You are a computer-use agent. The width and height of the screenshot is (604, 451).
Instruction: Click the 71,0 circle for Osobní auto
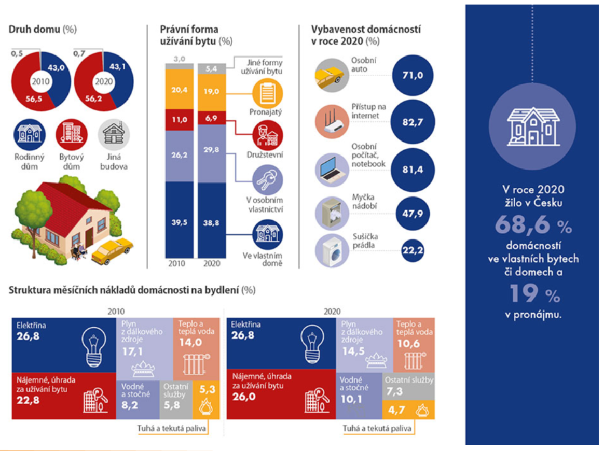[x=413, y=75]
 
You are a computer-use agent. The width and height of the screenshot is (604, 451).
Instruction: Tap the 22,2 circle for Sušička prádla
[x=413, y=250]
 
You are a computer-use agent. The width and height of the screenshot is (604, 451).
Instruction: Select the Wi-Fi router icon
[x=332, y=122]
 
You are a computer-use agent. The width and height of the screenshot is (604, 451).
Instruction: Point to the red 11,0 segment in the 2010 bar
[x=179, y=120]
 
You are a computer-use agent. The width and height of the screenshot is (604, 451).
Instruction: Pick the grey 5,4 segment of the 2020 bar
[x=212, y=68]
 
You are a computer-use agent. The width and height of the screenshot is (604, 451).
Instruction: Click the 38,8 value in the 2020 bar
[x=211, y=223]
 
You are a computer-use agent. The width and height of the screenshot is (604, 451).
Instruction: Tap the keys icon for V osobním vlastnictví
[x=267, y=180]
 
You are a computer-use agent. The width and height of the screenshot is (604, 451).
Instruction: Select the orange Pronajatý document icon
[x=267, y=93]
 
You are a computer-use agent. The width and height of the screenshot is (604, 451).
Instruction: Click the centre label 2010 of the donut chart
[x=40, y=81]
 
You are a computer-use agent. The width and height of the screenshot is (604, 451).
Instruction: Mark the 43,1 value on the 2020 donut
[x=117, y=66]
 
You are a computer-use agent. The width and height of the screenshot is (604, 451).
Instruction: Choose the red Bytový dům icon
[x=71, y=134]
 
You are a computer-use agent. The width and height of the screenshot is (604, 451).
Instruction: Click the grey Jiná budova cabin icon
[x=114, y=134]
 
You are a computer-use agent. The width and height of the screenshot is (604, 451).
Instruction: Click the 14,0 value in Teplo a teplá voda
[x=190, y=342]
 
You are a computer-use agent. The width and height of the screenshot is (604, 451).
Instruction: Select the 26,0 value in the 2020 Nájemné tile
[x=244, y=397]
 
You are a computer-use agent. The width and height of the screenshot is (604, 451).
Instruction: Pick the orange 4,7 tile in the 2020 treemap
[x=408, y=410]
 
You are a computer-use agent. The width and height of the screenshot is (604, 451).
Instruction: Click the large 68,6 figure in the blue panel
[x=522, y=224]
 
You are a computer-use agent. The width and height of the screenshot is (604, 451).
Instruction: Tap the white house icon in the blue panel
[x=533, y=126]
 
